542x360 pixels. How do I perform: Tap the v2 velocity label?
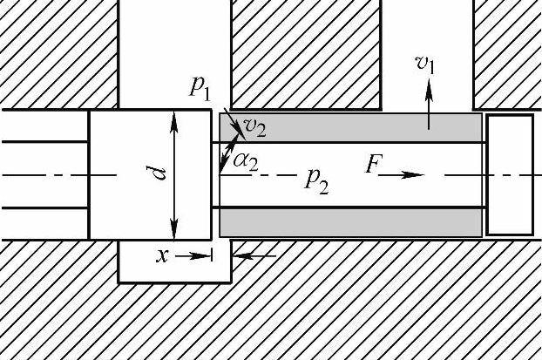[254, 128]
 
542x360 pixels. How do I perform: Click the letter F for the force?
[373, 165]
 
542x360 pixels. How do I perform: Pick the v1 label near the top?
[425, 64]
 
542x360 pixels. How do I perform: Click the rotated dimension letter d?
[159, 173]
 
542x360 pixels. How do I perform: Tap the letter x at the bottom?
[161, 255]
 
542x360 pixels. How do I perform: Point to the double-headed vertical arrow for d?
[174, 174]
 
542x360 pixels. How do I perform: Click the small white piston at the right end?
[509, 174]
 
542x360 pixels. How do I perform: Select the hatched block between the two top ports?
[306, 52]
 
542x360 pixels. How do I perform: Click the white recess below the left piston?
[173, 268]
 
